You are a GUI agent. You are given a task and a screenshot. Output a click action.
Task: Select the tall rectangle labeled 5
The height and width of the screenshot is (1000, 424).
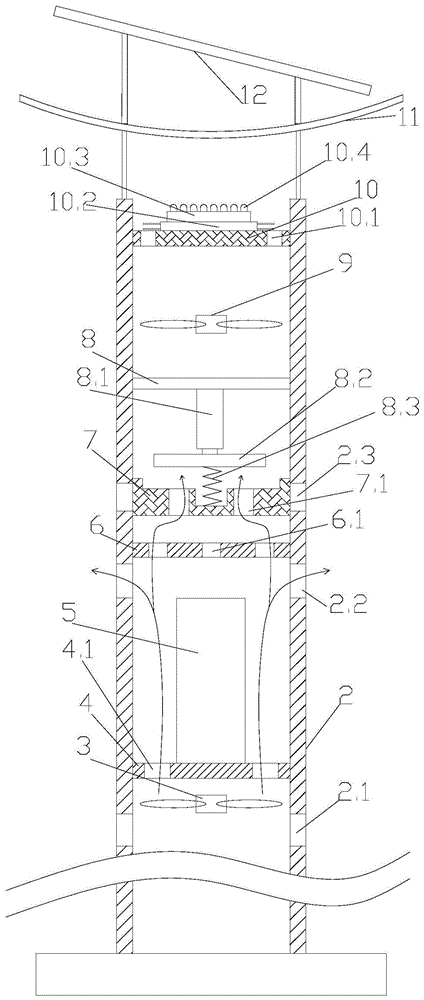(211, 680)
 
